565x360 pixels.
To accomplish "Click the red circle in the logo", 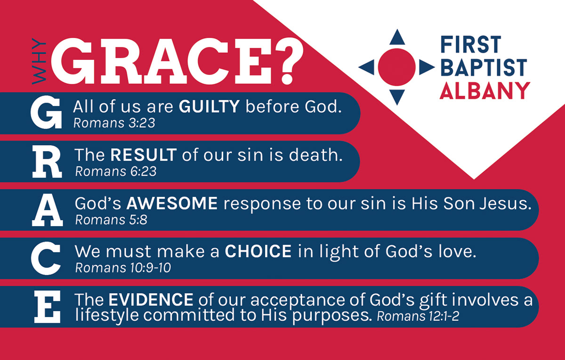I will click(397, 67).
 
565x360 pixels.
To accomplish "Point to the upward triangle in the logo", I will click(397, 37).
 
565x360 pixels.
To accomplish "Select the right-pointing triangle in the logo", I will click(426, 67).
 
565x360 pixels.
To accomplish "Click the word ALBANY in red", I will click(484, 90).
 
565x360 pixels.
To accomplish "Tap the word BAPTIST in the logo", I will click(483, 67).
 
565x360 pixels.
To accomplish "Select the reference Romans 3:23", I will click(114, 123).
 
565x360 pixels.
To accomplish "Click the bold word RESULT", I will click(144, 155).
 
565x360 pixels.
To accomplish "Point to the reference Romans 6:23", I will click(116, 171).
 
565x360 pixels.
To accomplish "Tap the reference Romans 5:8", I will click(111, 220).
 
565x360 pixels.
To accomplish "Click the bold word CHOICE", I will click(258, 251).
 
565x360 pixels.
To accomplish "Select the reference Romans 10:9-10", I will click(123, 268).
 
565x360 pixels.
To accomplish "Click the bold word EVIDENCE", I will click(151, 299).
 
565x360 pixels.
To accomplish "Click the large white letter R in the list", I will click(48, 162).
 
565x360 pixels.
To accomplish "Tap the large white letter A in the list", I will click(48, 210).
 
